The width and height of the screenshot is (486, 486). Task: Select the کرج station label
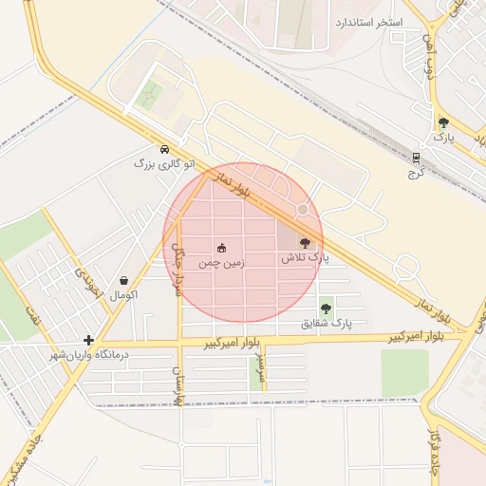[x=414, y=174]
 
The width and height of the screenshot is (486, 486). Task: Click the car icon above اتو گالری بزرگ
[x=165, y=149]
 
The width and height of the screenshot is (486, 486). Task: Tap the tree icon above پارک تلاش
[x=304, y=243]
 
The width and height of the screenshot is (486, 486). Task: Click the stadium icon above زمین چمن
[x=221, y=248]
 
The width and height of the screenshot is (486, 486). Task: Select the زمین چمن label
[x=221, y=263]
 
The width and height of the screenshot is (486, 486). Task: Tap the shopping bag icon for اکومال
[x=124, y=280]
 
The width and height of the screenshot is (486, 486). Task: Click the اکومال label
[x=124, y=295]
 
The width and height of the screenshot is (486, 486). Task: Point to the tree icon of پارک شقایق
[x=327, y=308]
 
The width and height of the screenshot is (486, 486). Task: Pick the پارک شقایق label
[x=327, y=323]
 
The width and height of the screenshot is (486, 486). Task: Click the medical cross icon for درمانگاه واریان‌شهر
[x=88, y=339]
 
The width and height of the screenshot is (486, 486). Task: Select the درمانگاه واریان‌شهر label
[x=94, y=354]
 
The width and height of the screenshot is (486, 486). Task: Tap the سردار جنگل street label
[x=178, y=266]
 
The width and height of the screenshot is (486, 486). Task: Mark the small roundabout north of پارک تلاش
[x=303, y=209]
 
